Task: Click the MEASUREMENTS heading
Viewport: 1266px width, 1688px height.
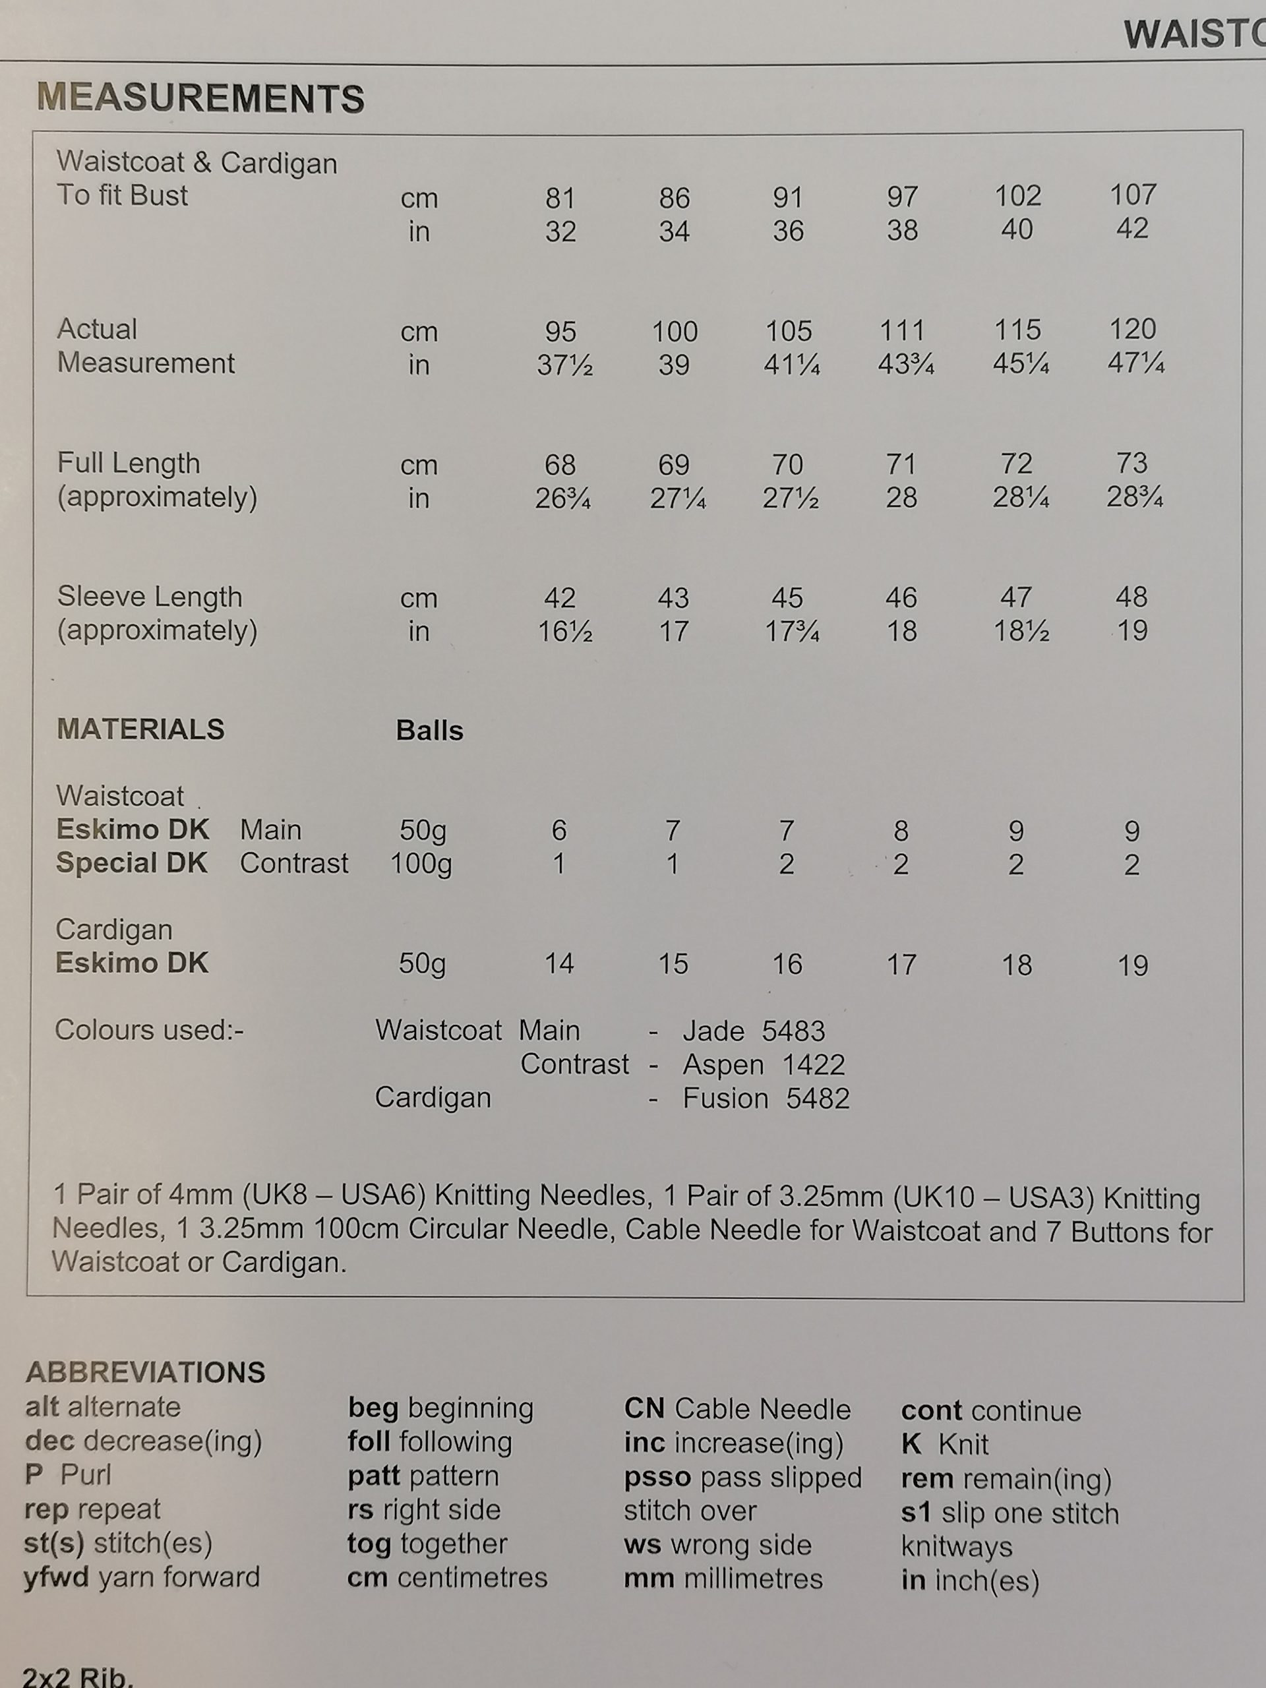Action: [200, 98]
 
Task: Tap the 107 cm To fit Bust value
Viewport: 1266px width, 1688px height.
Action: [1132, 195]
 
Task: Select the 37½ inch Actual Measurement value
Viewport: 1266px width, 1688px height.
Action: [564, 365]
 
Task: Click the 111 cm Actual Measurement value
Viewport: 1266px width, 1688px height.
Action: [901, 330]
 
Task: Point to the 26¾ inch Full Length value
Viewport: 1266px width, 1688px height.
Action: [563, 498]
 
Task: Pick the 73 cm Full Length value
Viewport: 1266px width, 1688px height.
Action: [1131, 462]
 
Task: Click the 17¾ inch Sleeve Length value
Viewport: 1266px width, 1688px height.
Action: [791, 632]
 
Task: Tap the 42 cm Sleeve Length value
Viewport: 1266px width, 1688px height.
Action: [559, 597]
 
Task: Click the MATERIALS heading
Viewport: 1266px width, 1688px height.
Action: [140, 729]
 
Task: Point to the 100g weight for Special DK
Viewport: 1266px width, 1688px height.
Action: [421, 864]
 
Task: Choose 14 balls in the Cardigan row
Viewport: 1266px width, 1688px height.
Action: [558, 964]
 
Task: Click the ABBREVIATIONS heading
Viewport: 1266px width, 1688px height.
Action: [145, 1373]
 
